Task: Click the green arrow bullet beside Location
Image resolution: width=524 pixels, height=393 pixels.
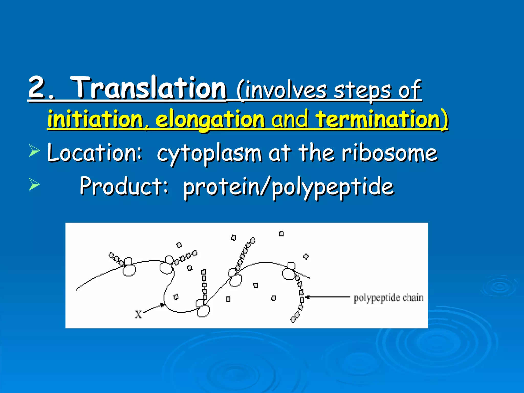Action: [x=34, y=150]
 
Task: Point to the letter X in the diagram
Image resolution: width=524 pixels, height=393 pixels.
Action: [x=138, y=314]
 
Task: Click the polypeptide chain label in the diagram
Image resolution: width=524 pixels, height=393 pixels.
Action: [x=388, y=298]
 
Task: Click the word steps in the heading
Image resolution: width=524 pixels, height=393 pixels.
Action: [x=362, y=91]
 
